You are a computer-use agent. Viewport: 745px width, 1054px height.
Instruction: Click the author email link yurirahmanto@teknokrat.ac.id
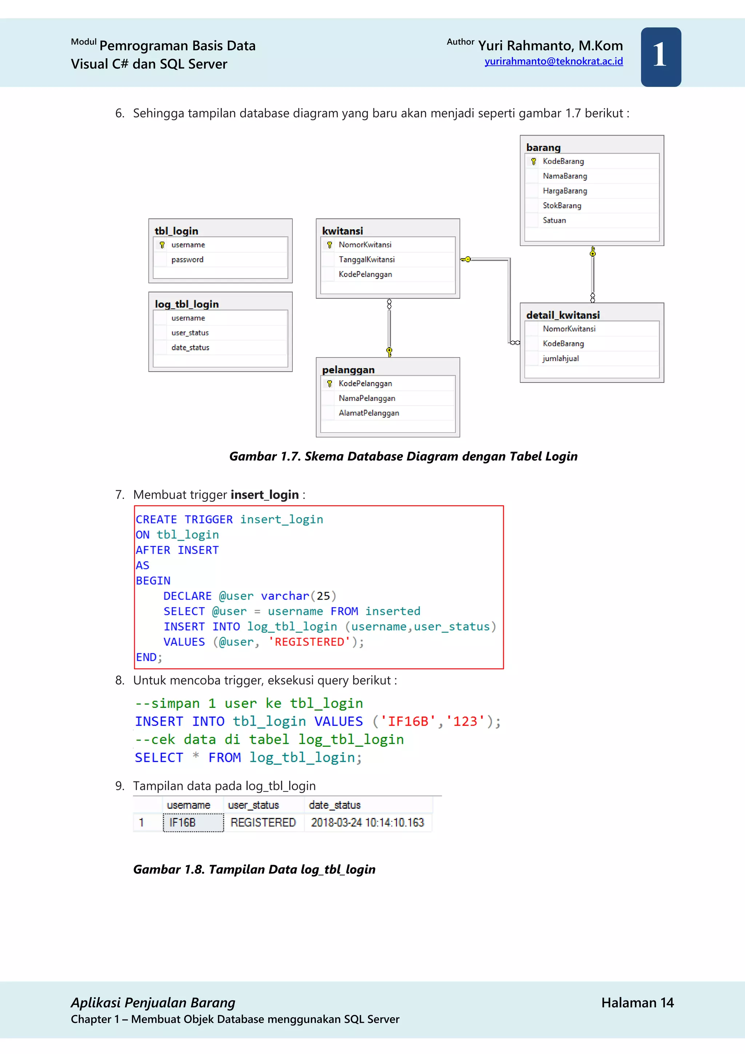click(x=553, y=62)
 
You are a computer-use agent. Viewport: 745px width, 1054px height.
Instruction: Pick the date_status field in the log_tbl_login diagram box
click(x=190, y=348)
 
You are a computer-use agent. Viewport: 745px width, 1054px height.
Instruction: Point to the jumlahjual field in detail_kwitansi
click(x=560, y=358)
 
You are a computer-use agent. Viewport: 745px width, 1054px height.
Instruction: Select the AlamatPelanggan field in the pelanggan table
click(x=368, y=413)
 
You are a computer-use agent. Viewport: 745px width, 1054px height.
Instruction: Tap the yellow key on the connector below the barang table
click(x=592, y=252)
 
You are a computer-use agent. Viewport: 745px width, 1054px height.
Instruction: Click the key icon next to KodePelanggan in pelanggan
click(x=329, y=384)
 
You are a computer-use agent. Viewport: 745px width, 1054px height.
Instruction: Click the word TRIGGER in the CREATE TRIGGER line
click(x=208, y=520)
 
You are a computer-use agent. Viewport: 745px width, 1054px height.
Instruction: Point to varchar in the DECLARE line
click(x=284, y=596)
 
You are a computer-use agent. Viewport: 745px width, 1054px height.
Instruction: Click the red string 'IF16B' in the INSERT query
click(x=407, y=722)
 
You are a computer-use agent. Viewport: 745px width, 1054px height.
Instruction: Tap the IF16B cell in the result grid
click(x=193, y=823)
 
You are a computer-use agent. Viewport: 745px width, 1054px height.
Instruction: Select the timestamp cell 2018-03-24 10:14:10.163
click(x=367, y=823)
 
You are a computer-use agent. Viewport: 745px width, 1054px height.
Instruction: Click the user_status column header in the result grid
click(x=253, y=805)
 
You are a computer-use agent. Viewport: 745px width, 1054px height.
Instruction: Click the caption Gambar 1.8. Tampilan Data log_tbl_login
click(x=254, y=869)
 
